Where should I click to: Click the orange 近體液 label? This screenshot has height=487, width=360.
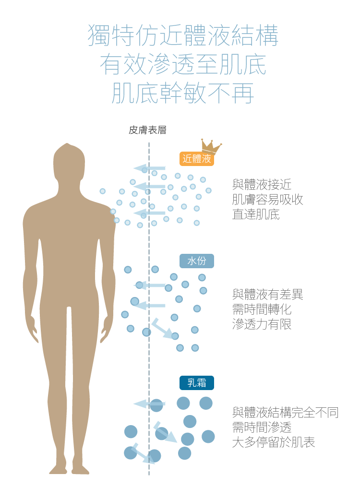coord(197,159)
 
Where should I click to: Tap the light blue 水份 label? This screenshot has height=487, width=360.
coord(197,261)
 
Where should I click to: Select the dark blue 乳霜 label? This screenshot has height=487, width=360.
coord(197,383)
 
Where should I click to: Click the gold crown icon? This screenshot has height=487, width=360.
coord(211,146)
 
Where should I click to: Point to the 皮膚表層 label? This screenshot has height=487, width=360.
coord(148,130)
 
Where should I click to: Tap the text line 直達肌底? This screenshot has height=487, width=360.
coord(256,214)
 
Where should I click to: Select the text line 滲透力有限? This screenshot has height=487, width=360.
coord(262,324)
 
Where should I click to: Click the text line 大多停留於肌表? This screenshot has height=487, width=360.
coord(274,442)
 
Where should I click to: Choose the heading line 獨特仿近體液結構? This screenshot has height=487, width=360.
coord(183,36)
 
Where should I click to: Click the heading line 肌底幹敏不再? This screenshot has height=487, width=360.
coord(183,93)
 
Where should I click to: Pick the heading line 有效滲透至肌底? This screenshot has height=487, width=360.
coord(183,65)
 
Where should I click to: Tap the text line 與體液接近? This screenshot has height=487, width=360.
coord(262,184)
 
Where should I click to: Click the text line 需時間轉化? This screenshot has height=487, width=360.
coord(262,309)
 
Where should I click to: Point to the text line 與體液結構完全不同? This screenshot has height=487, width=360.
coord(285,412)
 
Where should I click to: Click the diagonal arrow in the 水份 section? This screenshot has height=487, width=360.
coord(162,329)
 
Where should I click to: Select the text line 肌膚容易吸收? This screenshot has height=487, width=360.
coord(267,199)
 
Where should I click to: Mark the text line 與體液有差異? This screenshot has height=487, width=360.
coord(267,294)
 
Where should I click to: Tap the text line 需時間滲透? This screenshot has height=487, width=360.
coord(262,427)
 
